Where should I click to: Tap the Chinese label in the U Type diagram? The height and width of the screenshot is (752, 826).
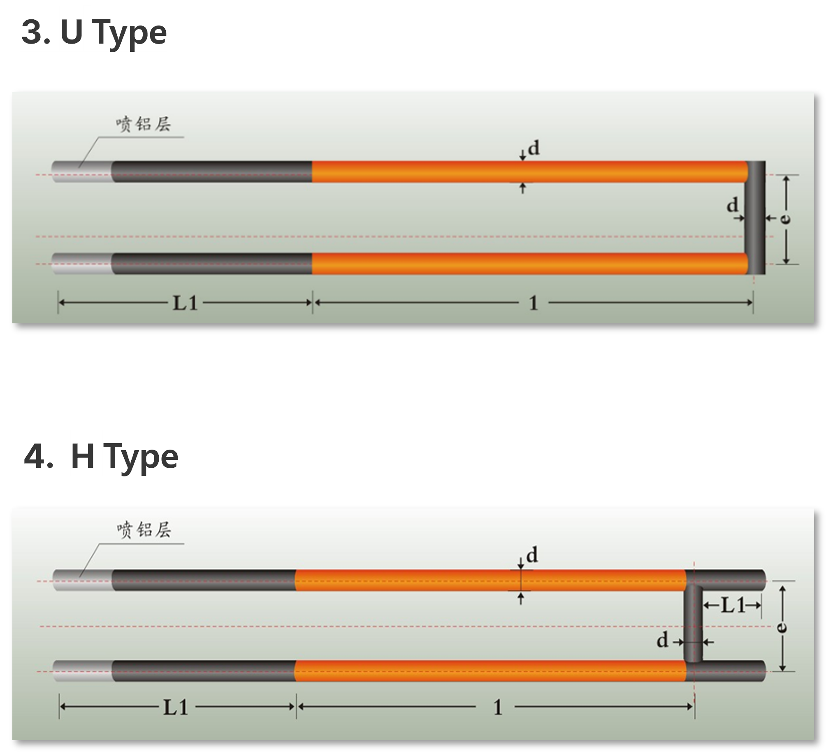tap(143, 124)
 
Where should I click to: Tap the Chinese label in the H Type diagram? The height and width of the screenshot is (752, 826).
tap(144, 529)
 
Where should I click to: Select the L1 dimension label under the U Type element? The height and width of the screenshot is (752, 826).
tap(186, 304)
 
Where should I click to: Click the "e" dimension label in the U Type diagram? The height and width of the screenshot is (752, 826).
tap(786, 218)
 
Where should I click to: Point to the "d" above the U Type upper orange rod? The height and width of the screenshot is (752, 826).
tap(534, 148)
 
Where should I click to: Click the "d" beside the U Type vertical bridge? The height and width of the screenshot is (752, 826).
tap(732, 205)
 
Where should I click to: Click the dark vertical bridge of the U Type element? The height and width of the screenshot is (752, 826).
tap(755, 218)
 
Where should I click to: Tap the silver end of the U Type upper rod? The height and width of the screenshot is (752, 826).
tap(82, 172)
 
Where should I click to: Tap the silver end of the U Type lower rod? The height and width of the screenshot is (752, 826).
tap(82, 264)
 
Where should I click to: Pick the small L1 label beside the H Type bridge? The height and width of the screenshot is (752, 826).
tap(733, 606)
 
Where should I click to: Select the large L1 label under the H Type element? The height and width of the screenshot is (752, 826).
tap(176, 708)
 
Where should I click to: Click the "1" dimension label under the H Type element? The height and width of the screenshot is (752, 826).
tap(498, 708)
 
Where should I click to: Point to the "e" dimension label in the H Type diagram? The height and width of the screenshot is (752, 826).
tap(782, 627)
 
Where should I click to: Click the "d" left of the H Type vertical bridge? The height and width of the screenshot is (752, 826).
tap(662, 641)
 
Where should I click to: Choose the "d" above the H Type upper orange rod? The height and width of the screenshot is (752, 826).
tap(532, 555)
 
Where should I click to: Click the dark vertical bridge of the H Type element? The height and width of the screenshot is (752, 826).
tap(693, 623)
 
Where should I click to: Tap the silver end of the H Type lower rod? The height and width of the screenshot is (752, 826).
tap(82, 671)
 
